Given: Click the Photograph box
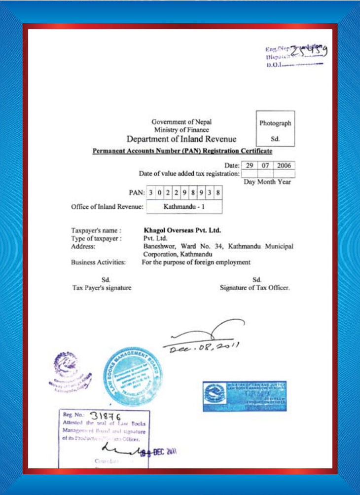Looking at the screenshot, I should point(275,128).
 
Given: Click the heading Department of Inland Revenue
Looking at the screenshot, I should point(181,139).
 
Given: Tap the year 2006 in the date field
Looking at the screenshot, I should point(284,165).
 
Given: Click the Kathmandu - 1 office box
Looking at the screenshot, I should point(184,207).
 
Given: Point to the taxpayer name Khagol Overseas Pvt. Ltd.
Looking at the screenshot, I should point(182,230).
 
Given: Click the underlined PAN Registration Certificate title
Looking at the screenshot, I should point(182,151).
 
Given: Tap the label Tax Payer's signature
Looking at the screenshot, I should point(102,288).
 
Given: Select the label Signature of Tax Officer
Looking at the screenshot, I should point(254,288).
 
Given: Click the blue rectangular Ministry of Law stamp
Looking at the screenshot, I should point(245,396).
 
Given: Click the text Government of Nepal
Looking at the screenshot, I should point(181,121).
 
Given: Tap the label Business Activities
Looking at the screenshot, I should point(98,263).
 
